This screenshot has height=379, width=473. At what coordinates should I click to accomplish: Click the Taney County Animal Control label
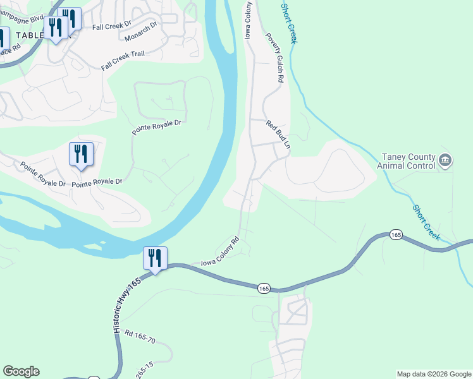[407, 161]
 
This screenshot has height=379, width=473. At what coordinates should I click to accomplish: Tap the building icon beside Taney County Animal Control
[445, 160]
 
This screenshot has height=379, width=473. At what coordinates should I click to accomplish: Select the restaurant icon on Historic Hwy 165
[155, 258]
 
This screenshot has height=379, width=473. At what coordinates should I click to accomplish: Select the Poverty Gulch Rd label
[273, 59]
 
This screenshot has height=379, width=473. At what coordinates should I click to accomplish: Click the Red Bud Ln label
[278, 135]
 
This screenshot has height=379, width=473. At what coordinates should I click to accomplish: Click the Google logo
[21, 371]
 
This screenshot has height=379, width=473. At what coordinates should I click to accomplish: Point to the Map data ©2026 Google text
[433, 374]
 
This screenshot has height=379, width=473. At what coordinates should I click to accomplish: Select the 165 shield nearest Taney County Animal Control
[396, 234]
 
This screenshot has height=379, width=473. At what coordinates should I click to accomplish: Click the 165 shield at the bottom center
[264, 288]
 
